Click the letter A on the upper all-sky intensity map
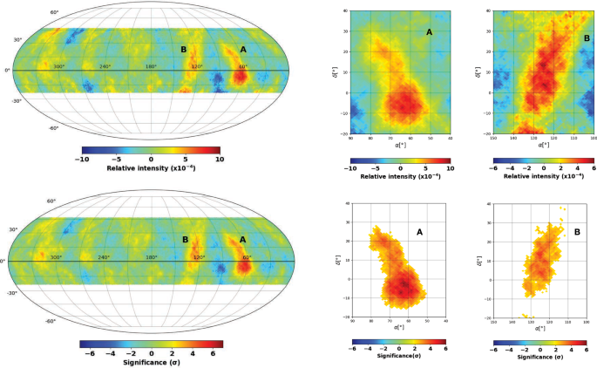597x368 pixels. click(242, 50)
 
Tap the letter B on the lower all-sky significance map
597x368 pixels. click(184, 240)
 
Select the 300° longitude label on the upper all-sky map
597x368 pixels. click(58, 67)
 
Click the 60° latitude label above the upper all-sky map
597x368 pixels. click(53, 12)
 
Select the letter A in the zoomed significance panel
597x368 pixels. click(419, 232)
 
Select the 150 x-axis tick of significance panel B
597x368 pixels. click(493, 323)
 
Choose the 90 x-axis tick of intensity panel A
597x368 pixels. click(349, 138)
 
